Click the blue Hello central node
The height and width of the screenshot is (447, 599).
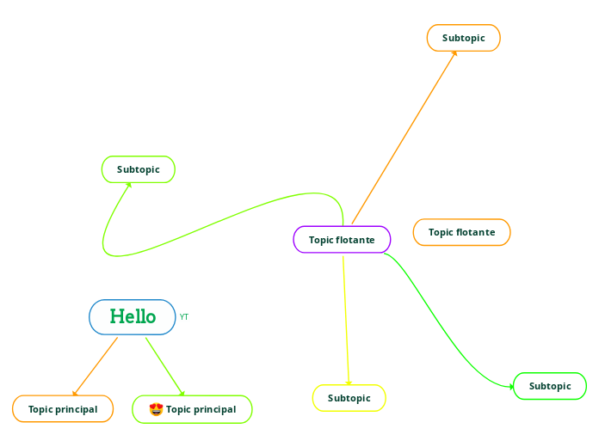133,317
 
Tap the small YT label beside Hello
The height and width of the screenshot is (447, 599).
184,317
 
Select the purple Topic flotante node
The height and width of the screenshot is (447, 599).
342,240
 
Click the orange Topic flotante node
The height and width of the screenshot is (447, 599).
461,232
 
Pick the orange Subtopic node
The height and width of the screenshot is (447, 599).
463,38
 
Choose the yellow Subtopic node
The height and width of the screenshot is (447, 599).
349,398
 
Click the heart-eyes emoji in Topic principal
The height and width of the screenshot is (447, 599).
156,409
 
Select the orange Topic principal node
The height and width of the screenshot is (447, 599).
63,409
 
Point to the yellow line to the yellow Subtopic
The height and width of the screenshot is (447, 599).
345,318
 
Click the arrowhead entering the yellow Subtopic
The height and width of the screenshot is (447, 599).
349,383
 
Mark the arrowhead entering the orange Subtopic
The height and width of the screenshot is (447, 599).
454,54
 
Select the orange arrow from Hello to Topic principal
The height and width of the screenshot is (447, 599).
95,366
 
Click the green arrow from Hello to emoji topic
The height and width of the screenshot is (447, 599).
164,366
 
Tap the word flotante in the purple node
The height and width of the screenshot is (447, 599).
355,240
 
